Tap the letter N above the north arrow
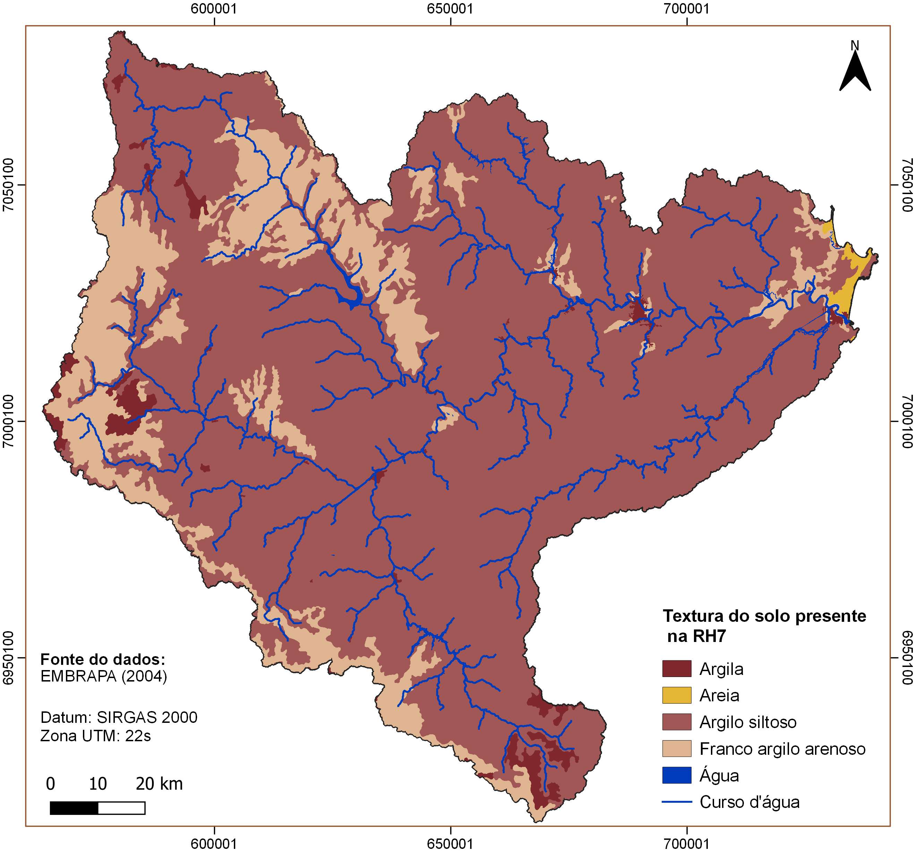click(855, 45)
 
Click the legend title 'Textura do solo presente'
click(764, 616)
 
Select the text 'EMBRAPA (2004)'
click(104, 676)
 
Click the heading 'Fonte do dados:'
click(103, 659)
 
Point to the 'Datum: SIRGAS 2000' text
click(119, 717)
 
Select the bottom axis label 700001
click(687, 844)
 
